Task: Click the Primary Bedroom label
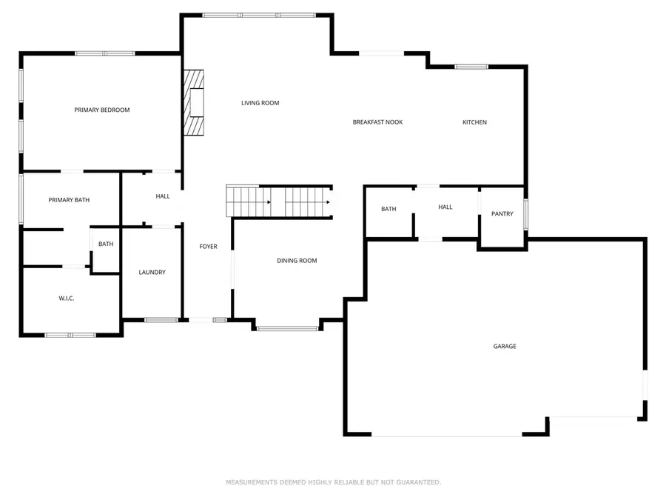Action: tap(102, 110)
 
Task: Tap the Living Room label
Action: tap(260, 103)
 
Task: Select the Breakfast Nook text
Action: tap(377, 122)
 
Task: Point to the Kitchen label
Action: tap(474, 122)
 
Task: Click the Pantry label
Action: tap(502, 214)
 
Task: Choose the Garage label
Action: tap(505, 347)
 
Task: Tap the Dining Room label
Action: tap(297, 261)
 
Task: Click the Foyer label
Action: tap(209, 246)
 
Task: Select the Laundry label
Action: tap(152, 273)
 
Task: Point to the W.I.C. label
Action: tap(67, 299)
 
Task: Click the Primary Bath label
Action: tap(69, 200)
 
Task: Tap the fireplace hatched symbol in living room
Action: tap(193, 103)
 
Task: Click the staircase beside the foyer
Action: tap(278, 201)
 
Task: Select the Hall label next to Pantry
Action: tap(445, 207)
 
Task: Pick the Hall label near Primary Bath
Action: tap(163, 196)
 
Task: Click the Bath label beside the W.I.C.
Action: tap(106, 244)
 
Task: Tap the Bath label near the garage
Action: tap(388, 209)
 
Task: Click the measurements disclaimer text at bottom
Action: tap(333, 482)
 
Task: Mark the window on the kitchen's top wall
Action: tap(471, 67)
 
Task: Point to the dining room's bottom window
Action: tap(288, 328)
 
